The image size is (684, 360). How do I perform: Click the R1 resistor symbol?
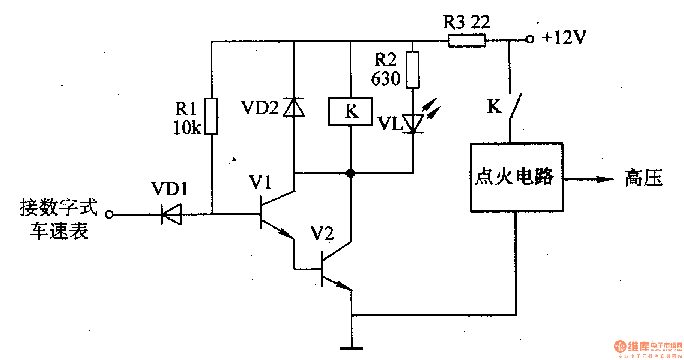point(211,116)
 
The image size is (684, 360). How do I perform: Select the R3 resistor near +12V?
point(467,40)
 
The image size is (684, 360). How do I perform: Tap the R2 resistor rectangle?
point(413,70)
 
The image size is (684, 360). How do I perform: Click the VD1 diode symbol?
point(171,214)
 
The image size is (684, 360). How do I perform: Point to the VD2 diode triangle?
point(294,108)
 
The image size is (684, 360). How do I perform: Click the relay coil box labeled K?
point(350,111)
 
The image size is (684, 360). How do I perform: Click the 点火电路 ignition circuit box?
point(516,177)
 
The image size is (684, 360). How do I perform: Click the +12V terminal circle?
point(529,39)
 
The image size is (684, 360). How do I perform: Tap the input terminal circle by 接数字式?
point(109,214)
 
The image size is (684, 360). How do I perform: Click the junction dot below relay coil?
point(350,173)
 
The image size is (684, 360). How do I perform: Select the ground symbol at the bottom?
point(351,348)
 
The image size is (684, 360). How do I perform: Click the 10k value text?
point(187,128)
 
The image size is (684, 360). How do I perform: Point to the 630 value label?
point(386,79)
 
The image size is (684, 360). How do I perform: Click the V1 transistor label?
point(260,183)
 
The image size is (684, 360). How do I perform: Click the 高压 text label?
point(643,178)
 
